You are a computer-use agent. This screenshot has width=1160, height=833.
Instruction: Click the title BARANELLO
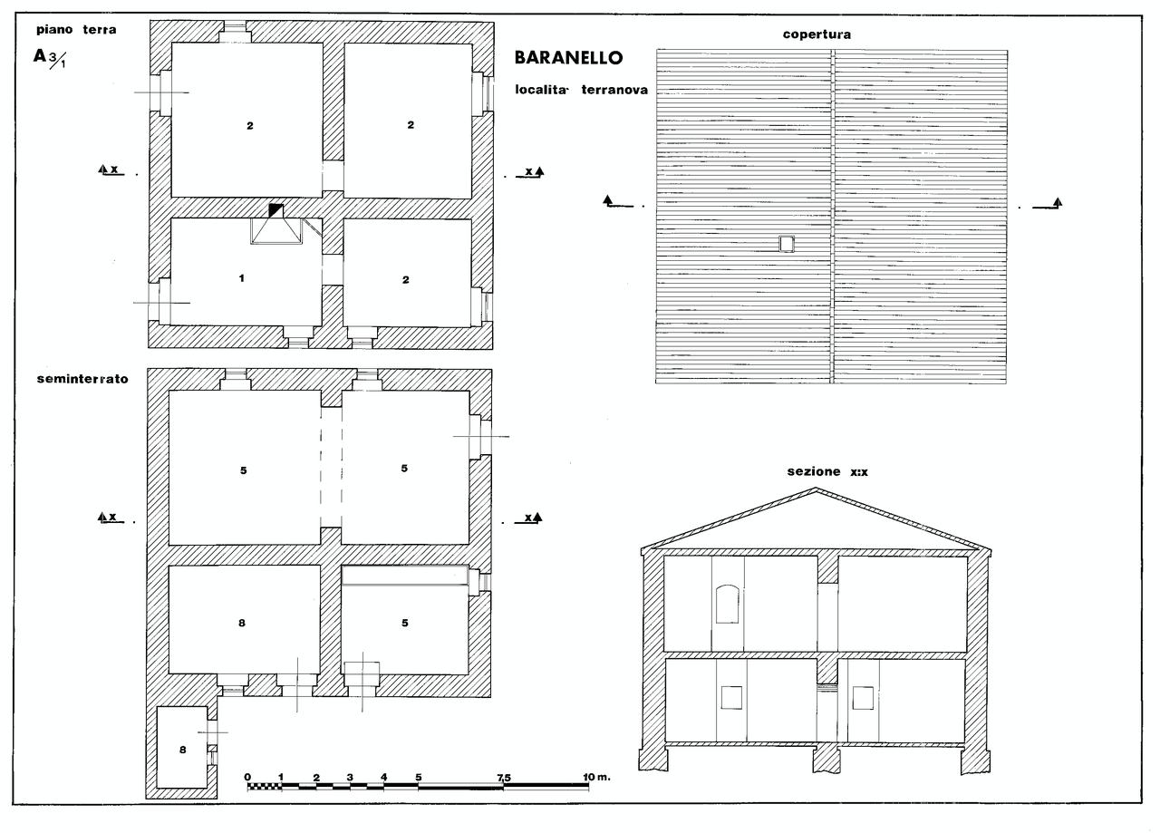tap(568, 57)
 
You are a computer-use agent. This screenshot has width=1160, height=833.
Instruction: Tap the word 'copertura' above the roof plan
tap(817, 34)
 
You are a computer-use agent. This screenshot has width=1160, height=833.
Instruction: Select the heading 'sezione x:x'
tap(827, 471)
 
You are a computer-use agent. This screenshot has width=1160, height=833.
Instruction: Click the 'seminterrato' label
tap(82, 379)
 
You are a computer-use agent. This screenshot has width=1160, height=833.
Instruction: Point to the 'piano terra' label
tap(76, 30)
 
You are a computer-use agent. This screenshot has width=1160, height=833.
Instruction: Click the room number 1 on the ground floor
tap(242, 278)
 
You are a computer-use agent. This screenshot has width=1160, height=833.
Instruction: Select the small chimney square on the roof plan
tap(787, 244)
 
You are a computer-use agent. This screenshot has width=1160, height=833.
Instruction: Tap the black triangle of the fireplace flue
tap(275, 208)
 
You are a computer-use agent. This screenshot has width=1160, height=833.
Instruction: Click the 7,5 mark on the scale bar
tap(503, 778)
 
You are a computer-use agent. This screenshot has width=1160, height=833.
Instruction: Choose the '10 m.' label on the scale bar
tap(596, 777)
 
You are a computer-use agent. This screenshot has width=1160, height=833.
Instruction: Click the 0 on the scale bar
tap(247, 777)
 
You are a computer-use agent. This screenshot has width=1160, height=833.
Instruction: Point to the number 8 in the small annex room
tap(183, 750)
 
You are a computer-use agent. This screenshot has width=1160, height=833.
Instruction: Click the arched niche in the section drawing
tap(727, 604)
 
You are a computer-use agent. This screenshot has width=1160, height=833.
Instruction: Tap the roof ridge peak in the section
tap(817, 489)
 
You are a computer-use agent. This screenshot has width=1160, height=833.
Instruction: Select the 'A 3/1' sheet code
tap(49, 58)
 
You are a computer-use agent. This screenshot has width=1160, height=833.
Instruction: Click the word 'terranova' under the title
tap(614, 90)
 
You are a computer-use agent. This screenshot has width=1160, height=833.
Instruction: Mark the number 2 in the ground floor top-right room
tap(411, 125)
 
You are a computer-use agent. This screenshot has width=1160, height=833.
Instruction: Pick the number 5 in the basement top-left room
tap(244, 470)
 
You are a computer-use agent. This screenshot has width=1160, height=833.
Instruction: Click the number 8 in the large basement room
tap(242, 623)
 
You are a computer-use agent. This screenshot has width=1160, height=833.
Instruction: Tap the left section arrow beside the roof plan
tap(618, 202)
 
